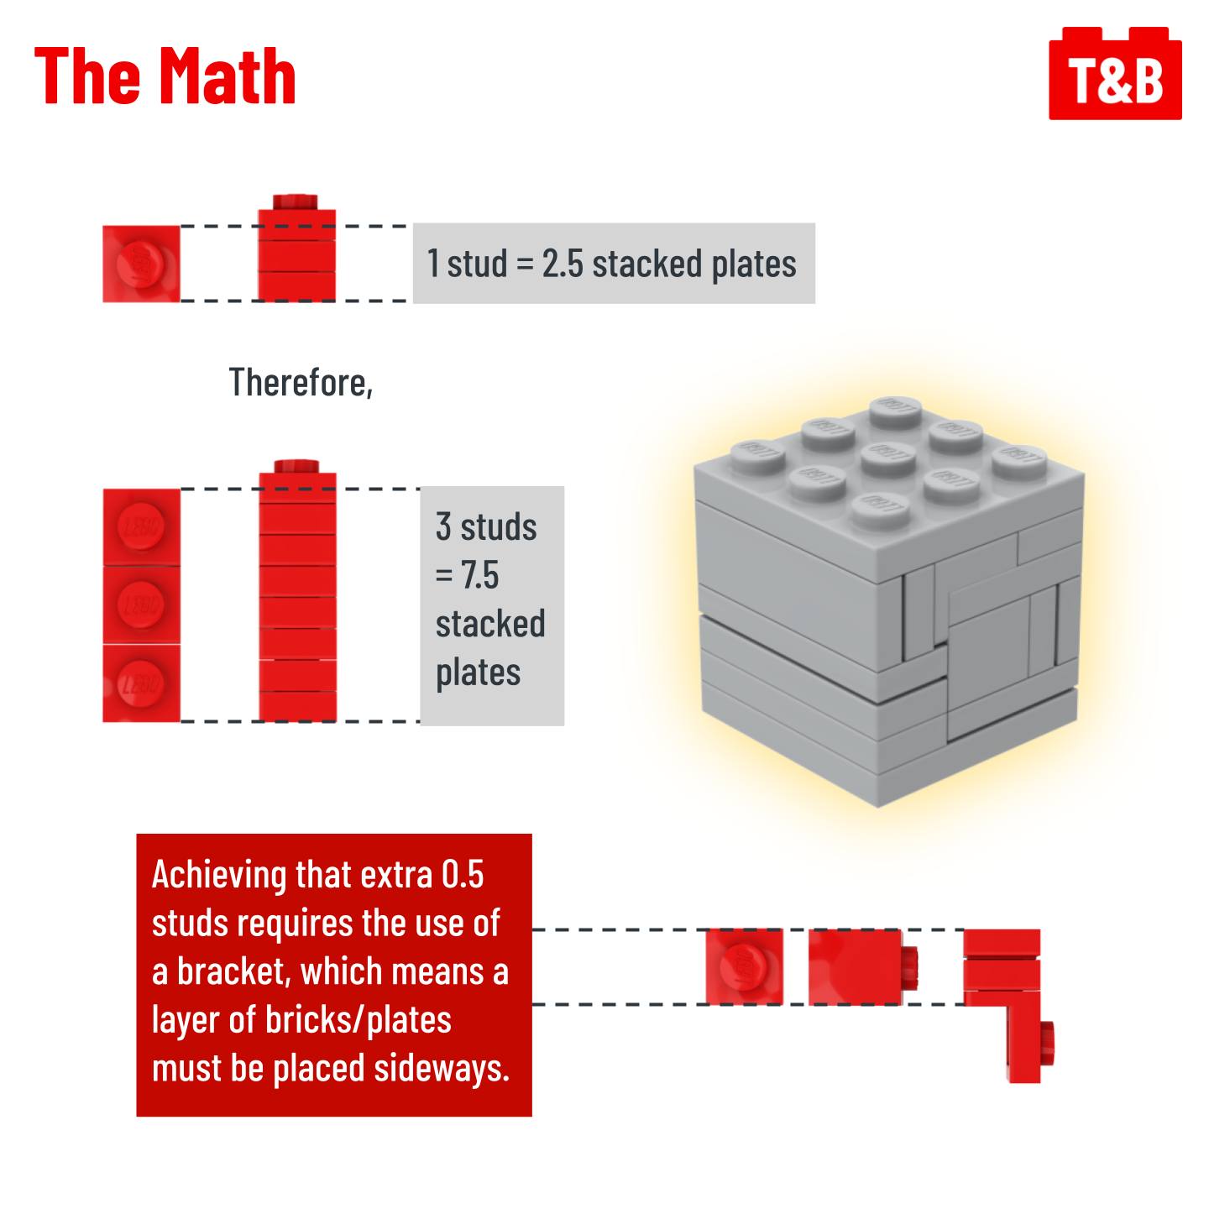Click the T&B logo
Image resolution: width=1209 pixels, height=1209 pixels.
pyautogui.click(x=1115, y=73)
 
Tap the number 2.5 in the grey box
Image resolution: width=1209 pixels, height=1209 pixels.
pyautogui.click(x=563, y=264)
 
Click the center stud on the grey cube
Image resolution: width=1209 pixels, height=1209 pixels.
pyautogui.click(x=887, y=458)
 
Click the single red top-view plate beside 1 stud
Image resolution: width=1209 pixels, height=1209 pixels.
pyautogui.click(x=141, y=264)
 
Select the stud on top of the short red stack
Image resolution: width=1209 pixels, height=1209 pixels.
pyautogui.click(x=295, y=202)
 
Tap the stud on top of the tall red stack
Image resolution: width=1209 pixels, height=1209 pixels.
pyautogui.click(x=296, y=466)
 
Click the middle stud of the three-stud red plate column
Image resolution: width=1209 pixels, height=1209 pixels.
pyautogui.click(x=141, y=604)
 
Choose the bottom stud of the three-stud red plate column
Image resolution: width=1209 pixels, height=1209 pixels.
pyautogui.click(x=141, y=683)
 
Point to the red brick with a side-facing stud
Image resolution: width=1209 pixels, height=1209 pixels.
pyautogui.click(x=863, y=967)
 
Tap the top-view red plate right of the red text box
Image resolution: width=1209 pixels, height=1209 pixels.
pyautogui.click(x=744, y=967)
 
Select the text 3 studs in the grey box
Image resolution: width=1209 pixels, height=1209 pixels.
pyautogui.click(x=486, y=526)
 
